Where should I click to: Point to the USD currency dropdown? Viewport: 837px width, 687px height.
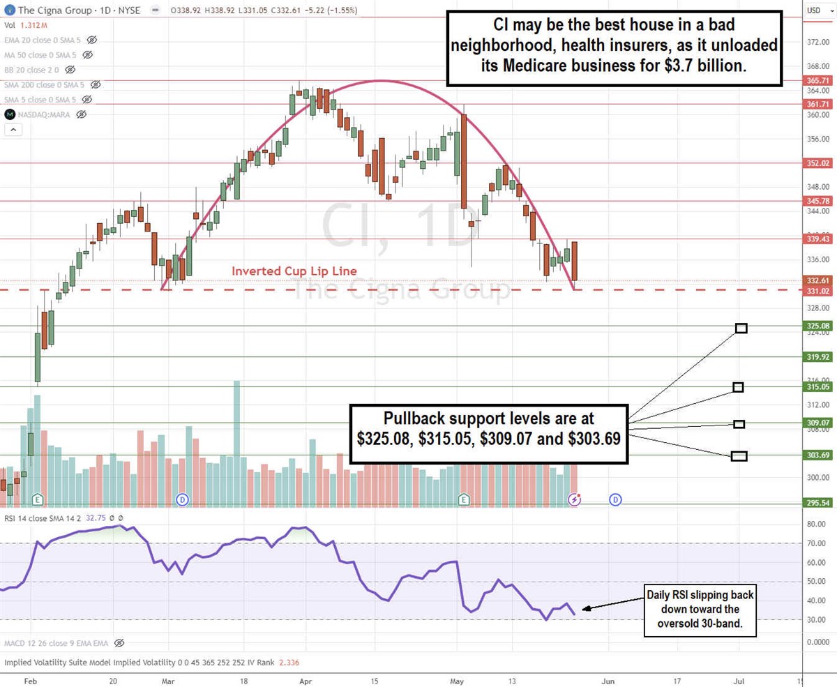[x=816, y=10]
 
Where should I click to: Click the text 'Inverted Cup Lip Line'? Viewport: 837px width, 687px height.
[x=294, y=271]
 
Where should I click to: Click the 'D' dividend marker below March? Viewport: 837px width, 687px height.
[x=182, y=499]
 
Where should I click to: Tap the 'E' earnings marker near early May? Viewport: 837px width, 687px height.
[x=463, y=499]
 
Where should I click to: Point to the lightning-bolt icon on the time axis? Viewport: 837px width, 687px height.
[x=575, y=499]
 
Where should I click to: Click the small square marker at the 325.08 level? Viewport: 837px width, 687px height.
[x=741, y=328]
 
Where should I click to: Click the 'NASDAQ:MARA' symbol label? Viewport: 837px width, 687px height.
[x=45, y=114]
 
